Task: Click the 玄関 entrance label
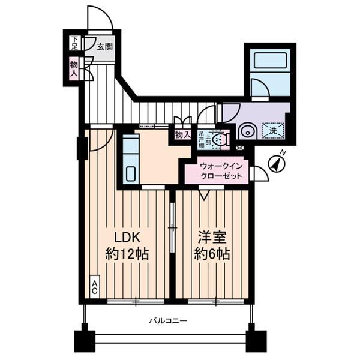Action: point(105,46)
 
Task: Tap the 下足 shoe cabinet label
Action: point(74,43)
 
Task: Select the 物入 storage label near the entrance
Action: point(74,68)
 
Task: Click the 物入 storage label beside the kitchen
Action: point(182,135)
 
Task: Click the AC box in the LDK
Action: point(95,287)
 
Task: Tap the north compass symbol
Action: point(277,163)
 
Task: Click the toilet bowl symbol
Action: point(220,140)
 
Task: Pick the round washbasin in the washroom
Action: point(247,131)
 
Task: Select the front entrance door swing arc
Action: point(99,18)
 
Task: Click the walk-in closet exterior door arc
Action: point(259,173)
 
